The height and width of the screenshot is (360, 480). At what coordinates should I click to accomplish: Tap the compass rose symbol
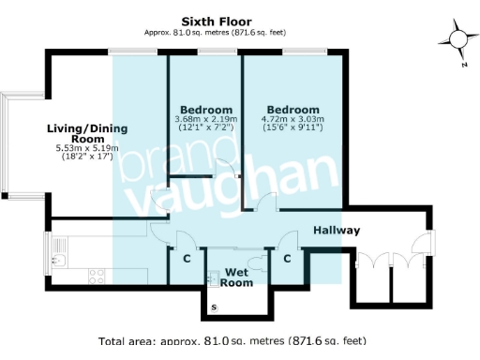pos(457,38)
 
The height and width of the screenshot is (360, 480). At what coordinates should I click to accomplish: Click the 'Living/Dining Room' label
pos(86,135)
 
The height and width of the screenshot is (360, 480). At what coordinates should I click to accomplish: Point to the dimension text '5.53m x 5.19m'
pos(86,149)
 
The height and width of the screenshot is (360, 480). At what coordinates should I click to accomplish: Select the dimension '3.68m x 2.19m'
pos(206,120)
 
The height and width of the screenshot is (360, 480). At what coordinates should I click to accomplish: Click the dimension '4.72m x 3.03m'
pos(292,120)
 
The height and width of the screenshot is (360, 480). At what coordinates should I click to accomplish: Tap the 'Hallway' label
pos(336,230)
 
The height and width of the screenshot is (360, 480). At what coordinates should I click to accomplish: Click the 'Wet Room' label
pos(237,276)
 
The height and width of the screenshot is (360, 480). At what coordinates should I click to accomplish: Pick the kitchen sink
pos(58,251)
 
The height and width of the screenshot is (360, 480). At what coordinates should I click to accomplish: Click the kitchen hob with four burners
pos(94,276)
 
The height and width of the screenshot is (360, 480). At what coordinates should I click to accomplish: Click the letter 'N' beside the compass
pos(463,66)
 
